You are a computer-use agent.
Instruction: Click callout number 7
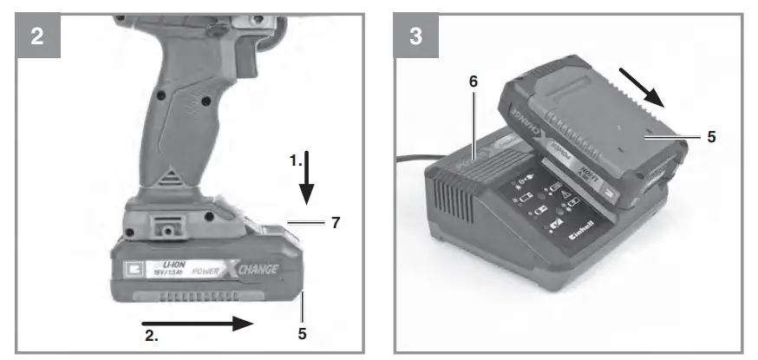point(333,223)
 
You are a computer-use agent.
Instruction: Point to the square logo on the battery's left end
point(131,269)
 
